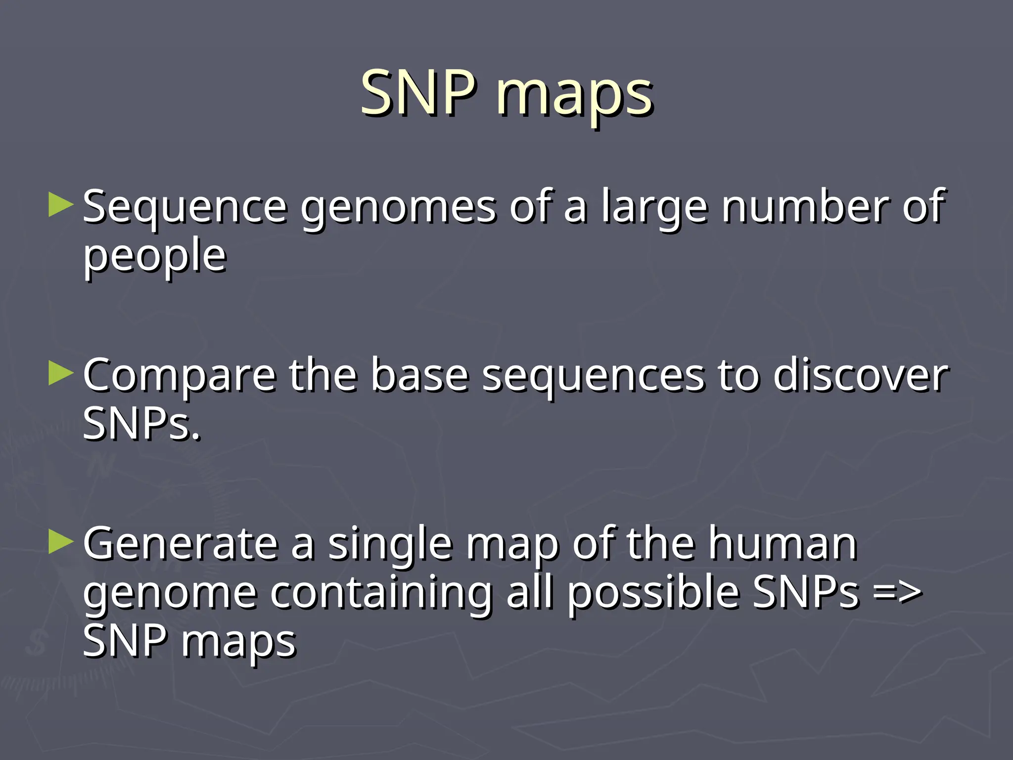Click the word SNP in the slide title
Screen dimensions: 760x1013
pos(418,93)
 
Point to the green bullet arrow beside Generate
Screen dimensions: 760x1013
pos(61,542)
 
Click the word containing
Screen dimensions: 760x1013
pos(381,594)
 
